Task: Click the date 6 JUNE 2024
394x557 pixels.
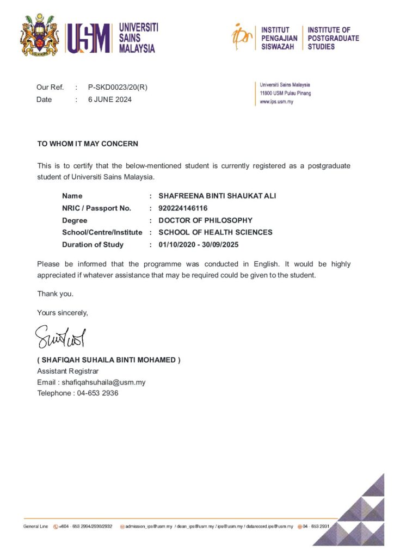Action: coord(109,100)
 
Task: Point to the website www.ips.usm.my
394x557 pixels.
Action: coord(276,102)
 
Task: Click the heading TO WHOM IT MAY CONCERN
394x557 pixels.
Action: coord(88,144)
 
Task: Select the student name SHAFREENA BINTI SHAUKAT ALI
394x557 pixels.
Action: coord(217,196)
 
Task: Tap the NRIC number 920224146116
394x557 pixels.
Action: coord(183,208)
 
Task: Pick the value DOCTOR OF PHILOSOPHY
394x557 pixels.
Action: coord(205,220)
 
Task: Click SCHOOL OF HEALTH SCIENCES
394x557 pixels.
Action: coord(215,232)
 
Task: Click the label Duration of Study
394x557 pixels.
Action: coord(93,245)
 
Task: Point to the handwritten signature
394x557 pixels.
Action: coord(60,337)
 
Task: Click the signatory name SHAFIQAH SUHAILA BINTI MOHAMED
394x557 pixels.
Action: coord(108,360)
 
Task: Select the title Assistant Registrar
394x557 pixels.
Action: coord(67,371)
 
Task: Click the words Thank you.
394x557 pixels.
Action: coord(55,294)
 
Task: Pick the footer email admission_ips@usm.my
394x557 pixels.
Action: coord(149,527)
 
